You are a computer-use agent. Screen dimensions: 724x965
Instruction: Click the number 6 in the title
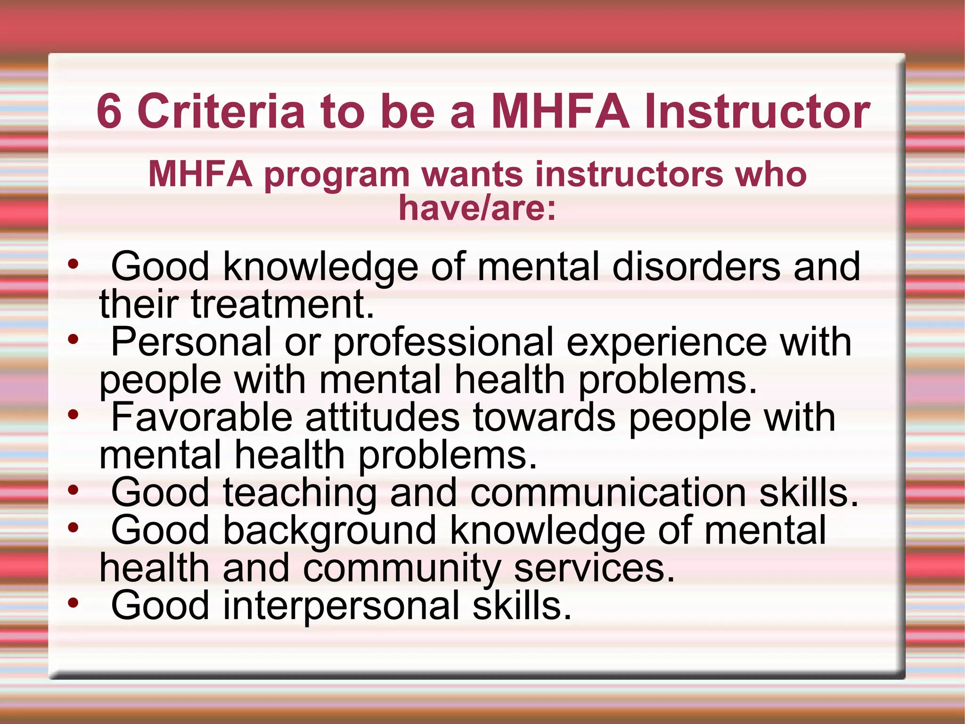tap(109, 111)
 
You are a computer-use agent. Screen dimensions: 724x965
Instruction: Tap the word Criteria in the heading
tap(221, 111)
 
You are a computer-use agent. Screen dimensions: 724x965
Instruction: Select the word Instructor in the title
tap(757, 111)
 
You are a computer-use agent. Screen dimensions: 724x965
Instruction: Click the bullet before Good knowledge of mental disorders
tap(73, 264)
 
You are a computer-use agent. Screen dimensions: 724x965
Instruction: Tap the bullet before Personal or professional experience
tap(73, 339)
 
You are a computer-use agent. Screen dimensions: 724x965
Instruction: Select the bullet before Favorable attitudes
tap(73, 415)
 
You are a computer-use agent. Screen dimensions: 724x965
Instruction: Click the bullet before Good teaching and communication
tap(73, 490)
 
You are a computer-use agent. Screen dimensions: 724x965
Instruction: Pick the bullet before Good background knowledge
tap(73, 528)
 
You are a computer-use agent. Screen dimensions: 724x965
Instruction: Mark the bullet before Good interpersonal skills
tap(73, 602)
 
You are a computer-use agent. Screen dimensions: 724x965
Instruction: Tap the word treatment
tap(282, 304)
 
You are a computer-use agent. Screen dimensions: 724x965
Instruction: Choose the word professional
tap(443, 343)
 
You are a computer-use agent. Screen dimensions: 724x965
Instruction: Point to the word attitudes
tap(382, 417)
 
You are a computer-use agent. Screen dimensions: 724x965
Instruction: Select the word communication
tap(608, 493)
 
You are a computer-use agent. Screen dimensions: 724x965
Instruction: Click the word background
tap(330, 532)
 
